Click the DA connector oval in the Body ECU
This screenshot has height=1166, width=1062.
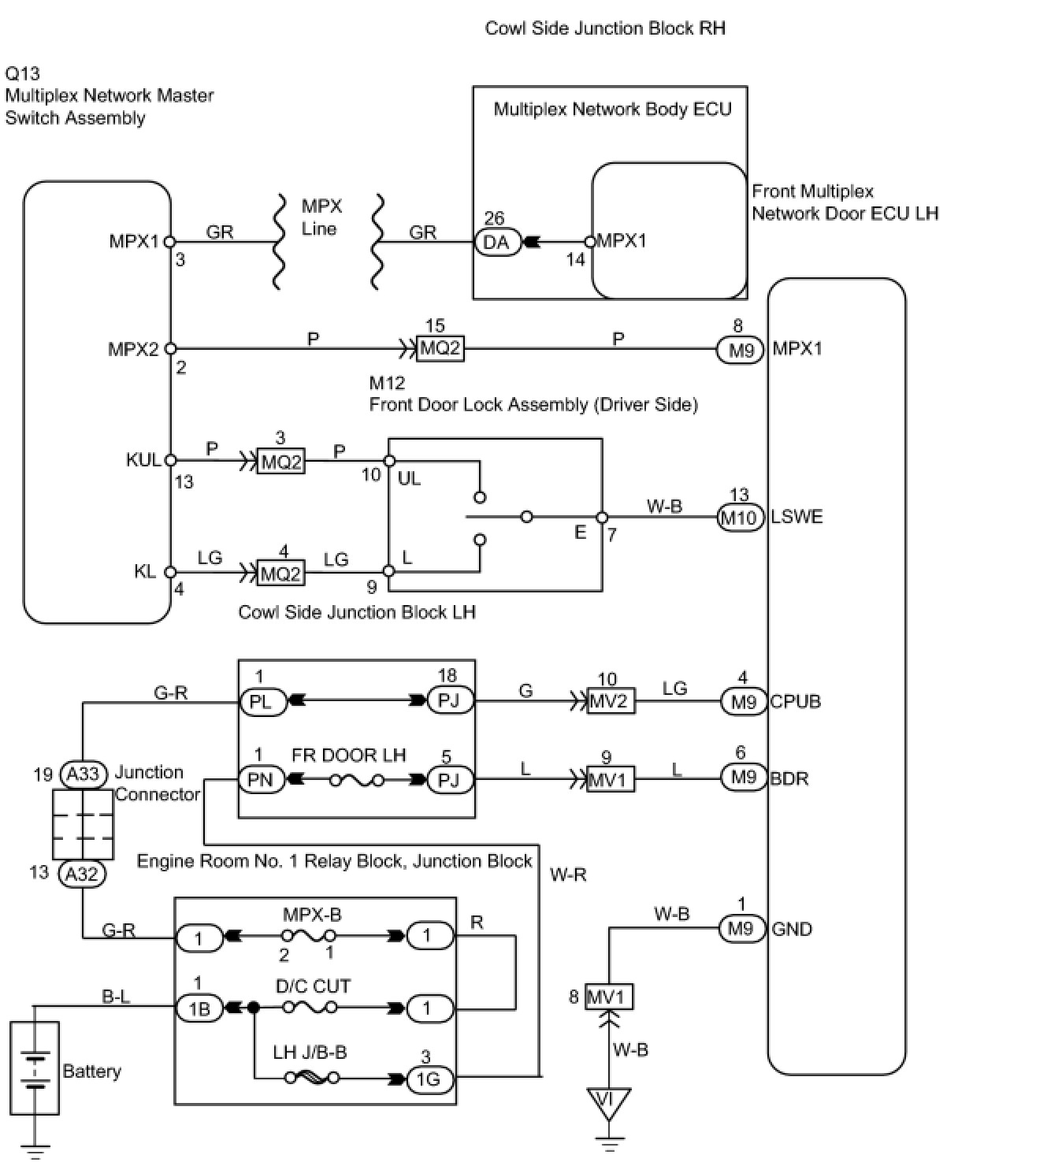(x=498, y=243)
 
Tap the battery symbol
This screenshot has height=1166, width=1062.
(x=35, y=1068)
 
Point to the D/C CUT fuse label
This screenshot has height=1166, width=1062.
(x=313, y=986)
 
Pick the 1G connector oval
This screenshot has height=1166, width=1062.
(x=429, y=1079)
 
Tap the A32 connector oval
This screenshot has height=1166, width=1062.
(x=83, y=873)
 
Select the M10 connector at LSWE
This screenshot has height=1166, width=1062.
(x=740, y=518)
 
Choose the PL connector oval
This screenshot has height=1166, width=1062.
(x=262, y=702)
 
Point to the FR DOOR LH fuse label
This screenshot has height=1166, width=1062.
(x=349, y=755)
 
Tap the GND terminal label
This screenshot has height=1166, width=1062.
(x=791, y=929)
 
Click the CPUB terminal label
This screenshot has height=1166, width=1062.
(x=795, y=702)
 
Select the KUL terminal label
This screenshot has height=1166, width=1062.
(x=143, y=460)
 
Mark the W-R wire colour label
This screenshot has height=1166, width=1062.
(x=568, y=874)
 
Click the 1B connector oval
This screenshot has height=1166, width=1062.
(x=200, y=1008)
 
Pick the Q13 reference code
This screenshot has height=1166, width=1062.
(x=22, y=73)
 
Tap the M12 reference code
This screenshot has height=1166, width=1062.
(x=387, y=383)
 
